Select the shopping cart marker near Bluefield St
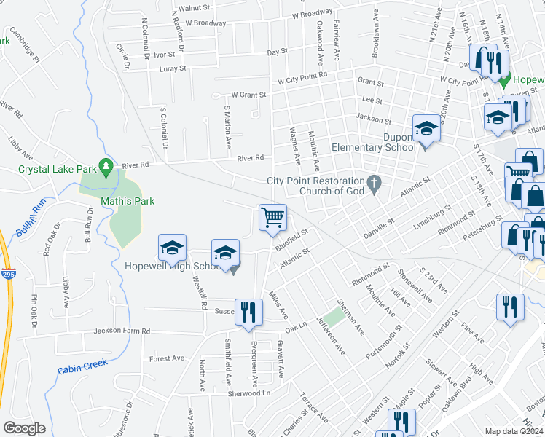coord(272,217)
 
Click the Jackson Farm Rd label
coord(121,331)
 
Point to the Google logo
coord(24,428)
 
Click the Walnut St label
coord(194,8)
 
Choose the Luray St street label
coord(172,68)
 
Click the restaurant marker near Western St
coord(510,306)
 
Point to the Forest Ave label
coord(167,358)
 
